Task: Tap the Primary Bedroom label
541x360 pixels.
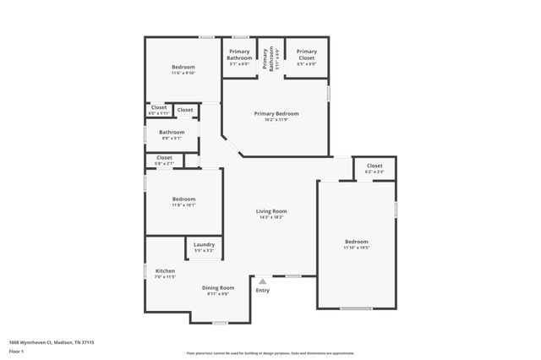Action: click(276, 113)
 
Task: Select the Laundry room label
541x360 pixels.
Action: click(204, 244)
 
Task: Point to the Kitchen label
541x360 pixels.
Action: click(165, 271)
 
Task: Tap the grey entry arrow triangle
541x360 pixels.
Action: click(263, 281)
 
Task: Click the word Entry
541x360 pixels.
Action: click(263, 291)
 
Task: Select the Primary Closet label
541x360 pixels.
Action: click(307, 52)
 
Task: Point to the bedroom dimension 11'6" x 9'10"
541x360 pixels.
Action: click(183, 73)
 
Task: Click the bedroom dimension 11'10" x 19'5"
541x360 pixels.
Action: click(356, 248)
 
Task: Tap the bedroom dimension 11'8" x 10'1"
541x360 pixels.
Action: click(183, 204)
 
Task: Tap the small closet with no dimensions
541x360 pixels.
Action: click(185, 110)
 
